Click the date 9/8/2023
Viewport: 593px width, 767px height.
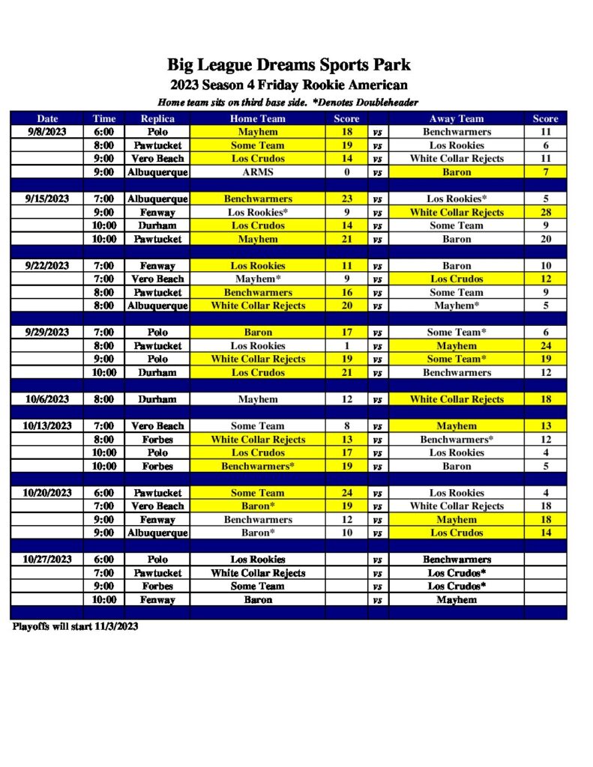47,132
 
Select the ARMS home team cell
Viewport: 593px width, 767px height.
257,172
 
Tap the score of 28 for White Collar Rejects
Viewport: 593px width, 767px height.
545,213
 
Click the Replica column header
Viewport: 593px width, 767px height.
157,118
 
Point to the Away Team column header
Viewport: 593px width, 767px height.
456,118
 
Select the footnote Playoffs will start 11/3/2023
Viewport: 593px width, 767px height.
75,626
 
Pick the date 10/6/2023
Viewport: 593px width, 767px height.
47,399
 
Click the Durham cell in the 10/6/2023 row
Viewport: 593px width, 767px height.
157,399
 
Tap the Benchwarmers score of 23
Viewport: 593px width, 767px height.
346,199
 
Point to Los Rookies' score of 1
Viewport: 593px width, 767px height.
346,346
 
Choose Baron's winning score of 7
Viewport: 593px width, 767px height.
545,172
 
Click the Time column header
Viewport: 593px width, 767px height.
104,118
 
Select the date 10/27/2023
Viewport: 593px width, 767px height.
47,560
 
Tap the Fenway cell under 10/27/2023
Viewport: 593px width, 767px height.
157,600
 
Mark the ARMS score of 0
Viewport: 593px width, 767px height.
346,172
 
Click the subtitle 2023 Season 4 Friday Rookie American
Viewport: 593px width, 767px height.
289,85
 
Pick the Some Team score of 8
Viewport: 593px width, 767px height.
346,426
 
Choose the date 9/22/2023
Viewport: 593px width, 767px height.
47,266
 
